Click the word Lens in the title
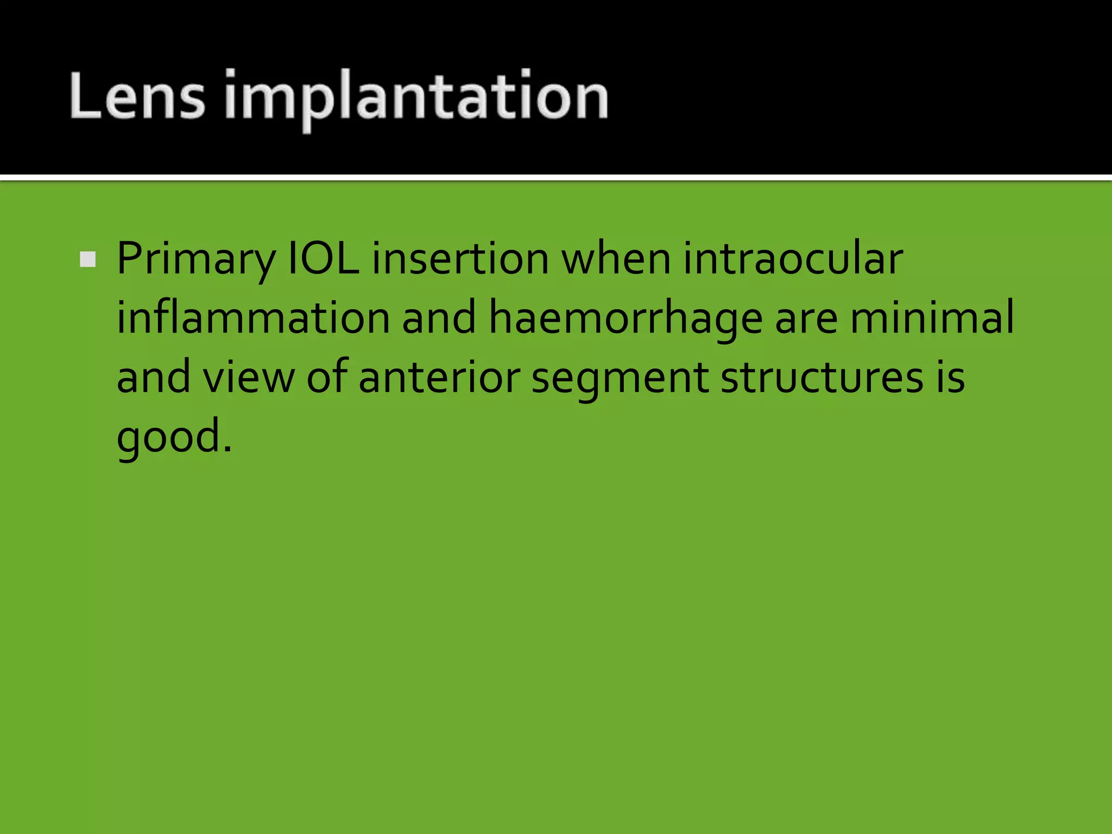coord(137,97)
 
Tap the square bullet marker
coord(87,260)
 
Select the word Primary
coord(195,260)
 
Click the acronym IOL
coord(323,258)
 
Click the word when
coord(616,258)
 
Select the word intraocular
coord(793,258)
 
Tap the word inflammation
coord(253,318)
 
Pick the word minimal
coord(932,318)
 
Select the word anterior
coord(439,377)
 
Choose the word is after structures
coord(950,377)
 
